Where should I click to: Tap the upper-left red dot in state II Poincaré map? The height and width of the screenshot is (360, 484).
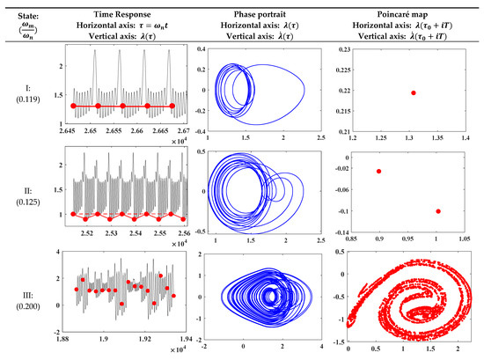click(378, 171)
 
